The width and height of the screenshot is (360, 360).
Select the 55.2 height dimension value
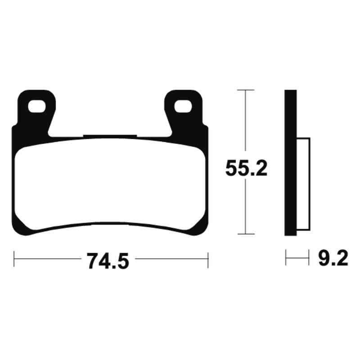tap(246, 169)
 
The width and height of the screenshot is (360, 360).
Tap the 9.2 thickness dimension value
tap(333, 260)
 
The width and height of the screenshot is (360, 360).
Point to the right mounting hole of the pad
tap(183, 107)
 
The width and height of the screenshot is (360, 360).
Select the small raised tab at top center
tap(110, 136)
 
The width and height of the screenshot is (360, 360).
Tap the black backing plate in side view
tap(291, 162)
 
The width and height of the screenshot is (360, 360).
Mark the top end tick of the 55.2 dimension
tap(245, 90)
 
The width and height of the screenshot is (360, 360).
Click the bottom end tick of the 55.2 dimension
tap(245, 234)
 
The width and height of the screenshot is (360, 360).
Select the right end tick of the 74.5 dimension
tap(208, 259)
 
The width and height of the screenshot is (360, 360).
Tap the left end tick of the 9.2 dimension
tap(286, 259)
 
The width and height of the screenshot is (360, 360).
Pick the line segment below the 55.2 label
tap(245, 207)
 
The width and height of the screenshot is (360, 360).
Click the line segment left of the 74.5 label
tap(47, 259)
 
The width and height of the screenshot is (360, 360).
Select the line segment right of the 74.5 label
tap(171, 259)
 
